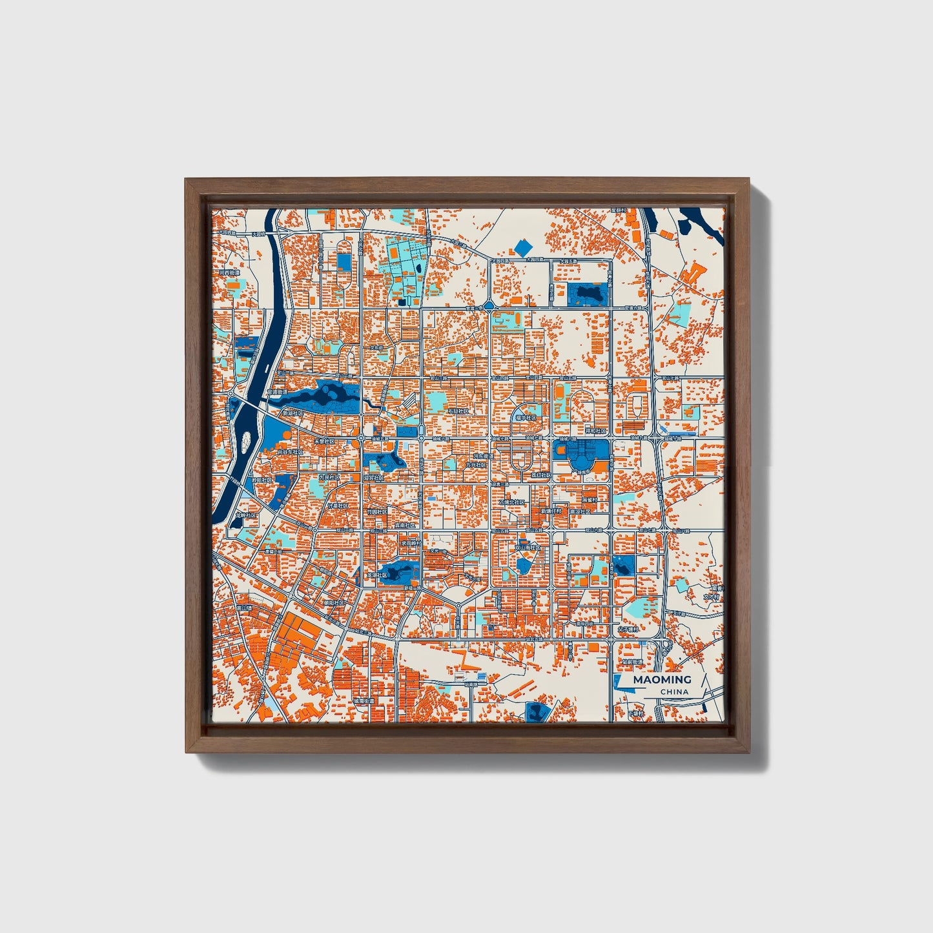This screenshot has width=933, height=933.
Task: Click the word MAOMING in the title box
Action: click(x=662, y=679)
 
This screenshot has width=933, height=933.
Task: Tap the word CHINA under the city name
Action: click(x=674, y=692)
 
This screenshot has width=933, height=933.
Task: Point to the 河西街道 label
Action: click(x=229, y=273)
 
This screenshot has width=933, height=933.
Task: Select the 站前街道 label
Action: click(x=633, y=662)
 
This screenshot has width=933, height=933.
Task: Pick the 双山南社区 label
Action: click(x=528, y=548)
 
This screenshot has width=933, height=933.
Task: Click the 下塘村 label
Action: click(x=637, y=713)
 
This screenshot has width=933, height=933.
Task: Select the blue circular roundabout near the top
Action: click(x=489, y=304)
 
